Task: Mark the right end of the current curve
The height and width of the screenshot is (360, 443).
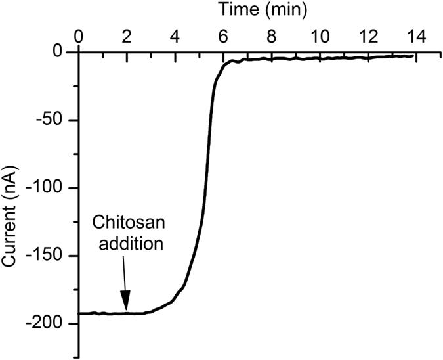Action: point(413,56)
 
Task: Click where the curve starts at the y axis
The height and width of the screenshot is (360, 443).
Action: point(79,313)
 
